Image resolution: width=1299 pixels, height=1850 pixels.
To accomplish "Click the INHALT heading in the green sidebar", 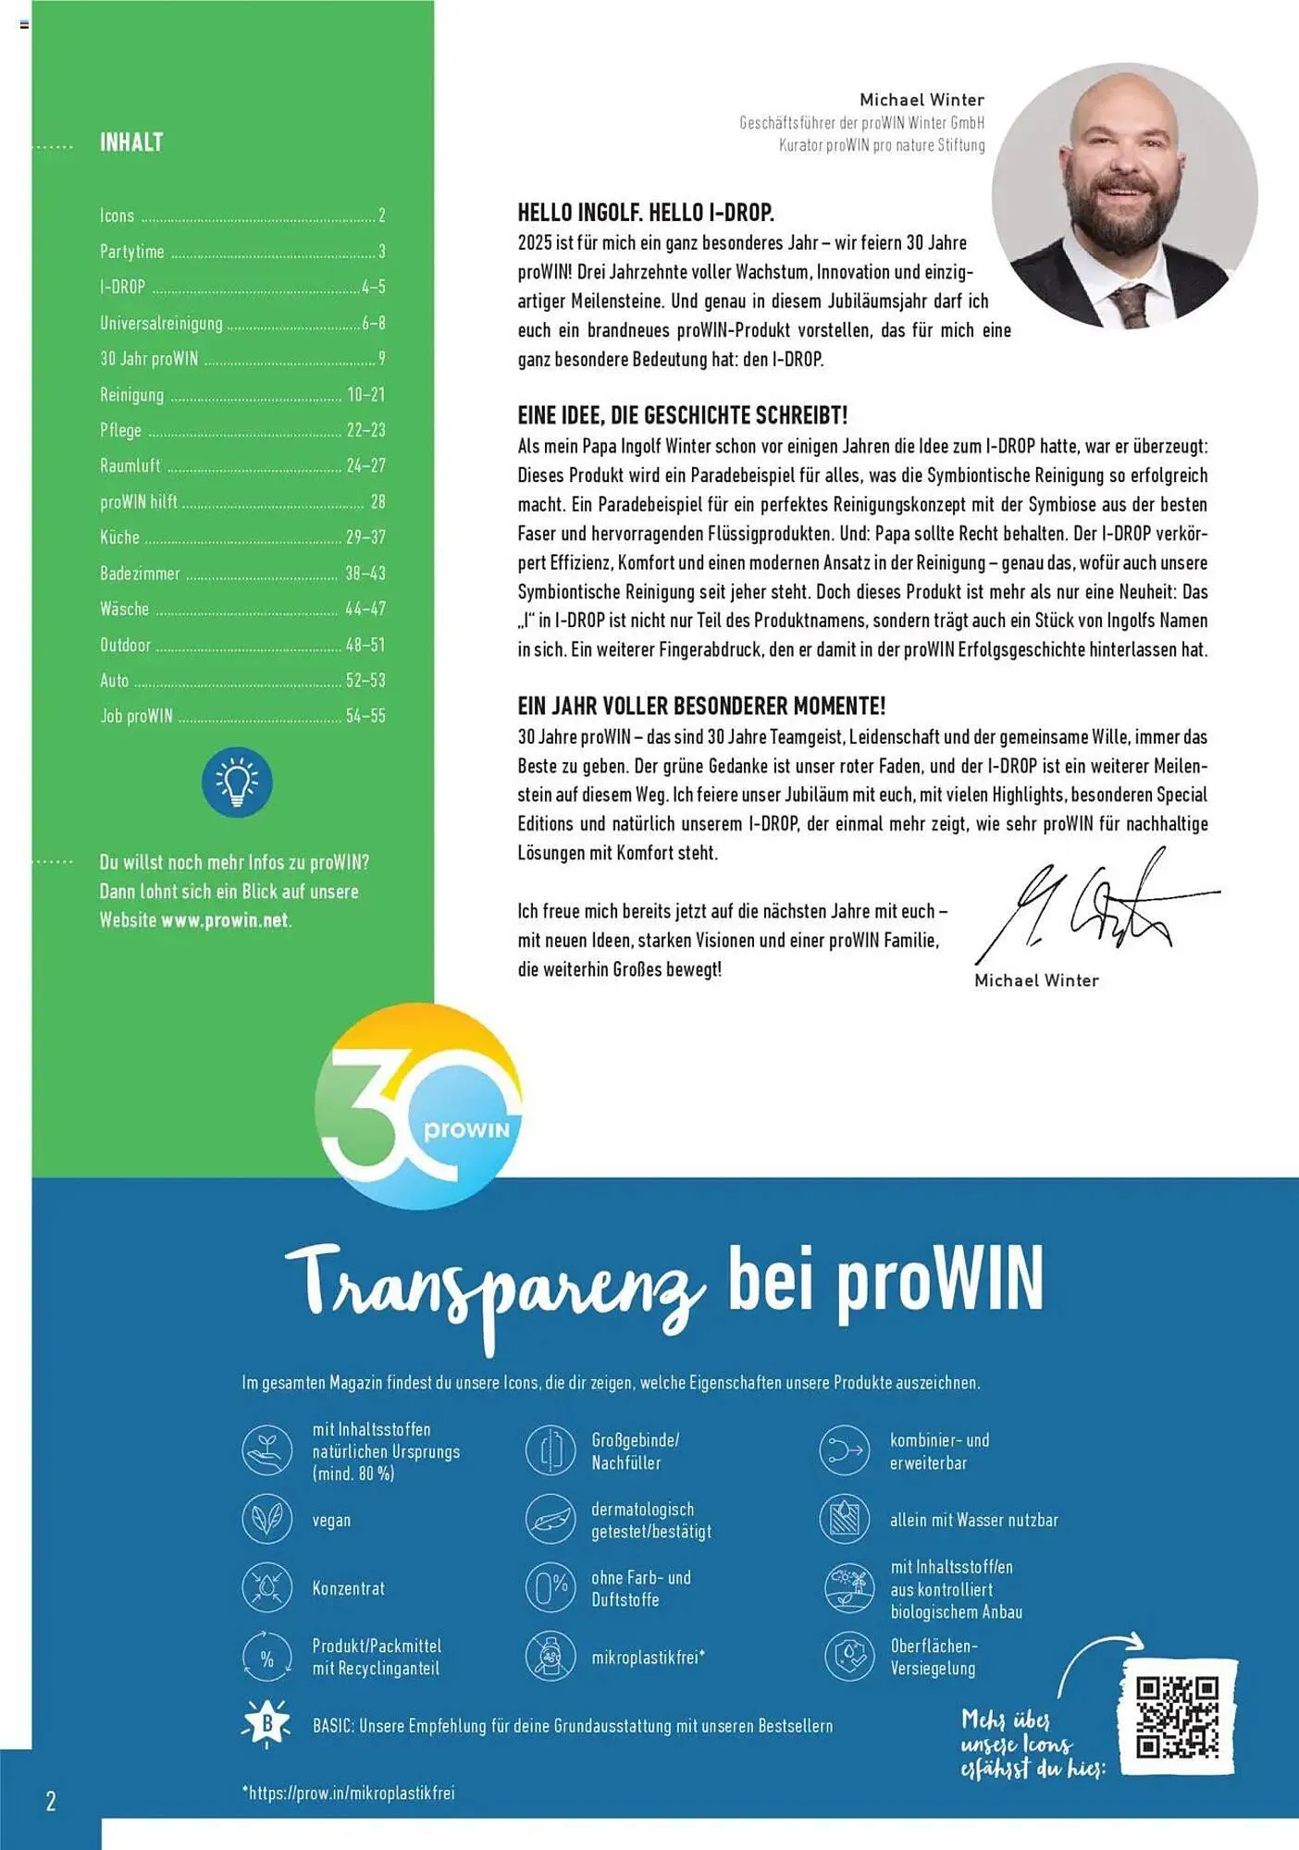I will click(x=131, y=142).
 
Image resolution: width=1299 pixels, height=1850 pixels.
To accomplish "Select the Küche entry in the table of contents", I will click(x=120, y=537).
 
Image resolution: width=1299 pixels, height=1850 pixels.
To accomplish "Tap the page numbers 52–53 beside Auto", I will click(x=365, y=681).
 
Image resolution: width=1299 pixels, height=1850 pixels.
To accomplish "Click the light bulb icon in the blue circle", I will click(x=237, y=783).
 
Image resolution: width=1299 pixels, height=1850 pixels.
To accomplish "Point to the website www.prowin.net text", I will click(x=225, y=920).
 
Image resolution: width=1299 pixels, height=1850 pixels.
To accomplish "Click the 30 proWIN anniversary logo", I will click(x=418, y=1107).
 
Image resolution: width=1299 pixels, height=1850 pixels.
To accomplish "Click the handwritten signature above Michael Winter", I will click(x=1092, y=906).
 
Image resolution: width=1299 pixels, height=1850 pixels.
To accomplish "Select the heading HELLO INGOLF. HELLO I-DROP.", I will click(x=645, y=213).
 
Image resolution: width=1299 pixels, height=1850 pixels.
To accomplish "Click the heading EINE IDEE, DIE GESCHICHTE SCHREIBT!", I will click(x=682, y=415).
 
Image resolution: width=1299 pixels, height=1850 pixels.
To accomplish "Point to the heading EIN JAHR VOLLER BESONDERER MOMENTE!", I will click(x=701, y=707).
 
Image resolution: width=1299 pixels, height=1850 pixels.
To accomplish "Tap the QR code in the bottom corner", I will click(x=1177, y=1717).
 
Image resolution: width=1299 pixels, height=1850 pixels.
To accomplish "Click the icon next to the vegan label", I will click(x=266, y=1519).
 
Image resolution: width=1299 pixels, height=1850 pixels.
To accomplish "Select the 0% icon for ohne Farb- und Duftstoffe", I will click(x=551, y=1587).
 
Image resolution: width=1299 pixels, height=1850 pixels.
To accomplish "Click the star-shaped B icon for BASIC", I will click(x=266, y=1724).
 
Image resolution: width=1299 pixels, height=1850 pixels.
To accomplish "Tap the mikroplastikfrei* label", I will click(x=648, y=1657).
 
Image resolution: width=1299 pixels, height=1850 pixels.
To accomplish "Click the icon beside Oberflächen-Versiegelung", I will click(x=848, y=1656).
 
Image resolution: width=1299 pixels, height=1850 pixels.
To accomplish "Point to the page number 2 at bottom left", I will click(x=51, y=1800).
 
